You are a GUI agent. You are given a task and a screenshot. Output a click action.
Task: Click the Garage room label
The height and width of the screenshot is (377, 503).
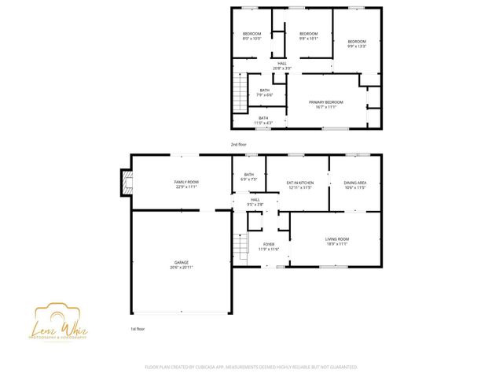[x=182, y=262]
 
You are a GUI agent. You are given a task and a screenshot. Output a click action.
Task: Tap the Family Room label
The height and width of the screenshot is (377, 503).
[x=186, y=182]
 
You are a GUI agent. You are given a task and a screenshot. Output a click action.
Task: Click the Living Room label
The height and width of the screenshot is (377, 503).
[x=337, y=238]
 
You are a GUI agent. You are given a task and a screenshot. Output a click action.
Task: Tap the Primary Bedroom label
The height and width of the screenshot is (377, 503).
[x=326, y=102]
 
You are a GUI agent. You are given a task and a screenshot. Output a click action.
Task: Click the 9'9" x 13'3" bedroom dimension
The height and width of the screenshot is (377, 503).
[x=358, y=46]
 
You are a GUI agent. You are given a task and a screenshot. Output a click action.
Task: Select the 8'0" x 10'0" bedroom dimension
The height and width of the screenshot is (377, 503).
[x=251, y=39]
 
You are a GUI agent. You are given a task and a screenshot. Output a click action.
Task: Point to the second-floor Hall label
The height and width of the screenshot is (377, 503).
[x=282, y=63]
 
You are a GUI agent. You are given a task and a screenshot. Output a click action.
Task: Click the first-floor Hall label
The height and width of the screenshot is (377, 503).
[x=255, y=199]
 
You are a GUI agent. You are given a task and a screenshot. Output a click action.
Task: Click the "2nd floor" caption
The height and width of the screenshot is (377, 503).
[x=238, y=145]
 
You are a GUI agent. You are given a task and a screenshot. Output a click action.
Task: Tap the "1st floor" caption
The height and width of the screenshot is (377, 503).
[x=138, y=328]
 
